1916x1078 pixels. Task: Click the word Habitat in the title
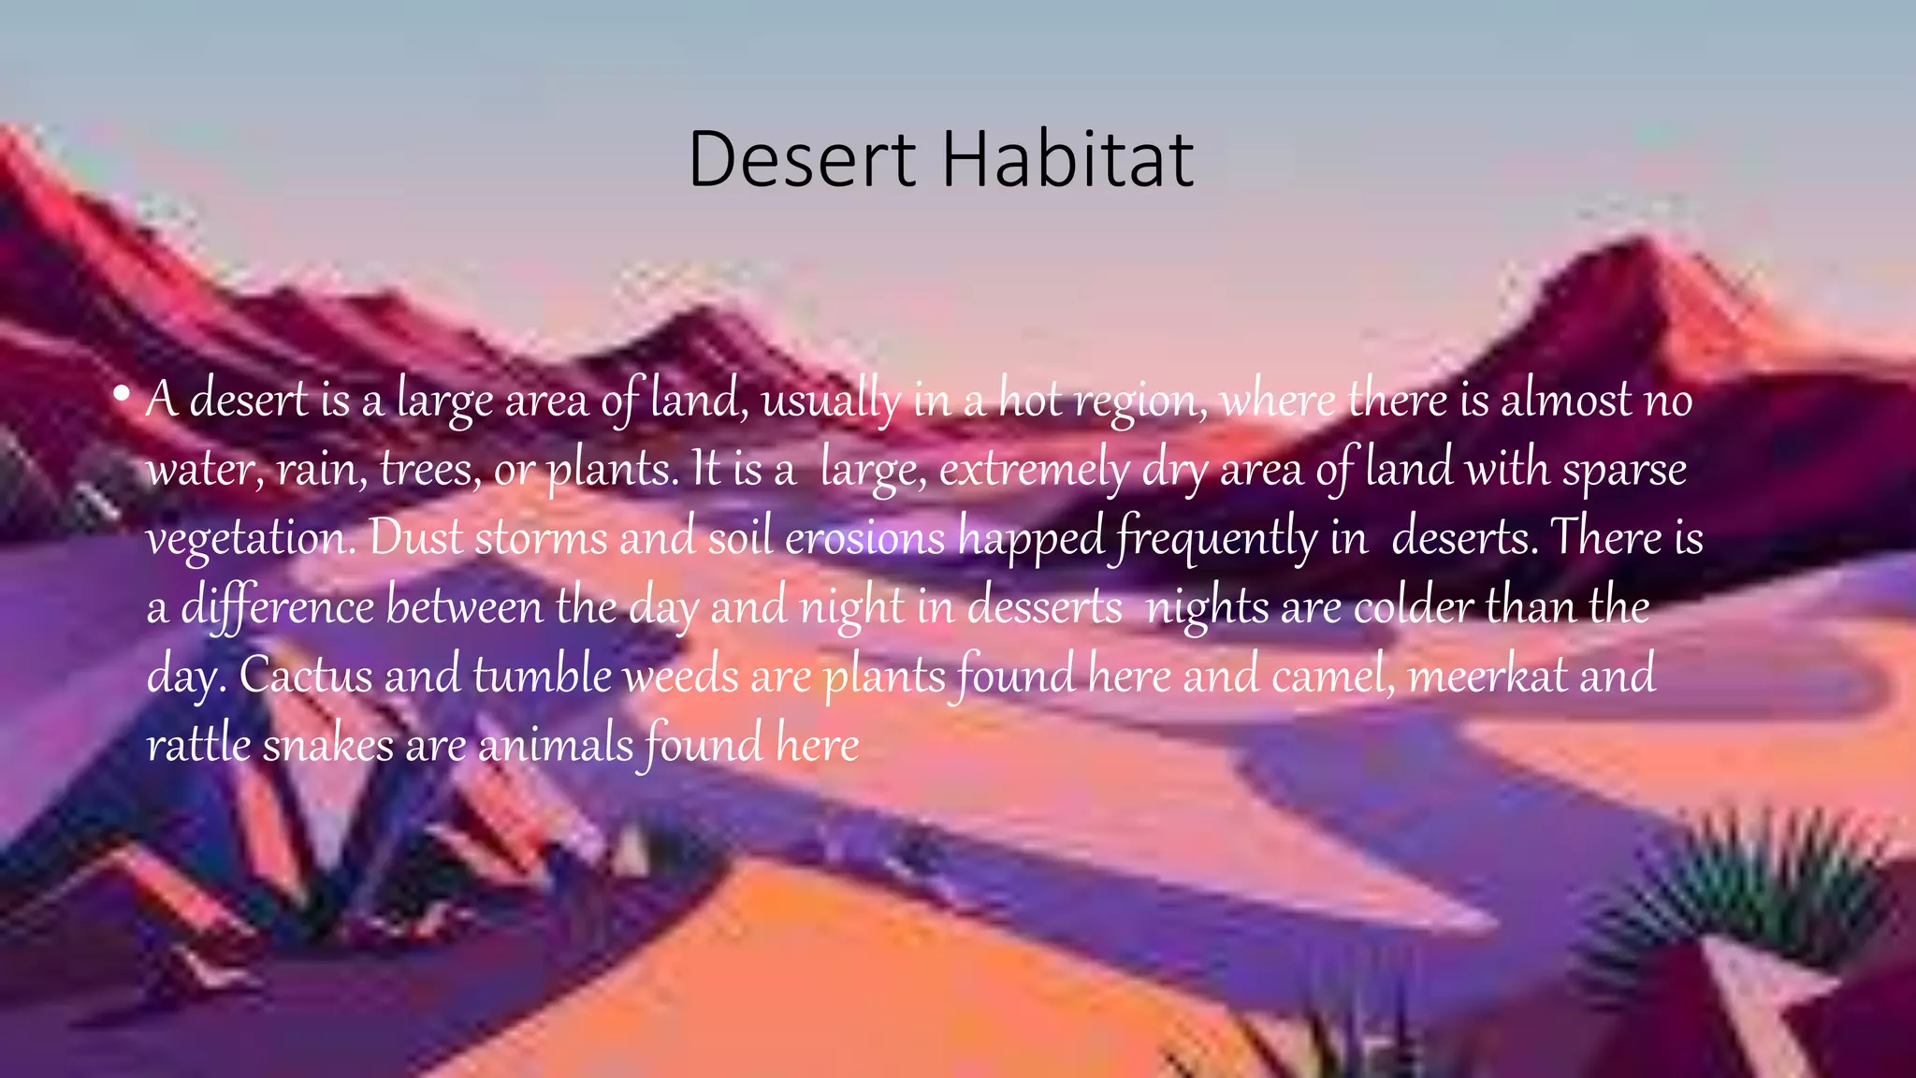(x=1067, y=160)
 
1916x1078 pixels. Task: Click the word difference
(x=277, y=607)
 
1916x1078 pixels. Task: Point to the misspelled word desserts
(x=1044, y=607)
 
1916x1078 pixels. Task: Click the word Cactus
(x=306, y=676)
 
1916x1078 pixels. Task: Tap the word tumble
(x=543, y=676)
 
